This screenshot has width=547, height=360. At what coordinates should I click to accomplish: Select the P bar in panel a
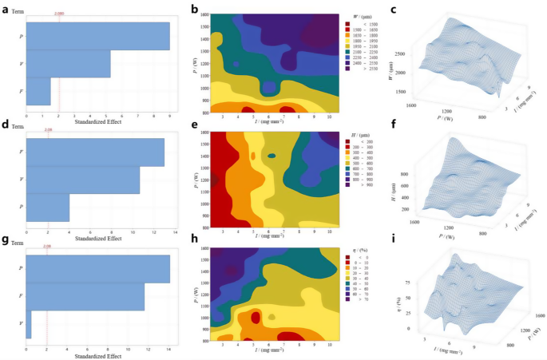point(98,36)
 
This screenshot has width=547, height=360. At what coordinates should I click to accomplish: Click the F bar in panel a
point(39,91)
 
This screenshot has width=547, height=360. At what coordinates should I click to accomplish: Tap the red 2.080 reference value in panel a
point(59,14)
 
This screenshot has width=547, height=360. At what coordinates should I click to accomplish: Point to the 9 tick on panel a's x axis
point(169,114)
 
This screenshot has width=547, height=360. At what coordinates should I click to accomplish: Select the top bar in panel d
point(95,152)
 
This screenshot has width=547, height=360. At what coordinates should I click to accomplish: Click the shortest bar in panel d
point(48,208)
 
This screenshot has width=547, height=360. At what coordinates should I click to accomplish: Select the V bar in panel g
point(29,325)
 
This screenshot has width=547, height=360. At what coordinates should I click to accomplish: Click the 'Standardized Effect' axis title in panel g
point(97,355)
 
